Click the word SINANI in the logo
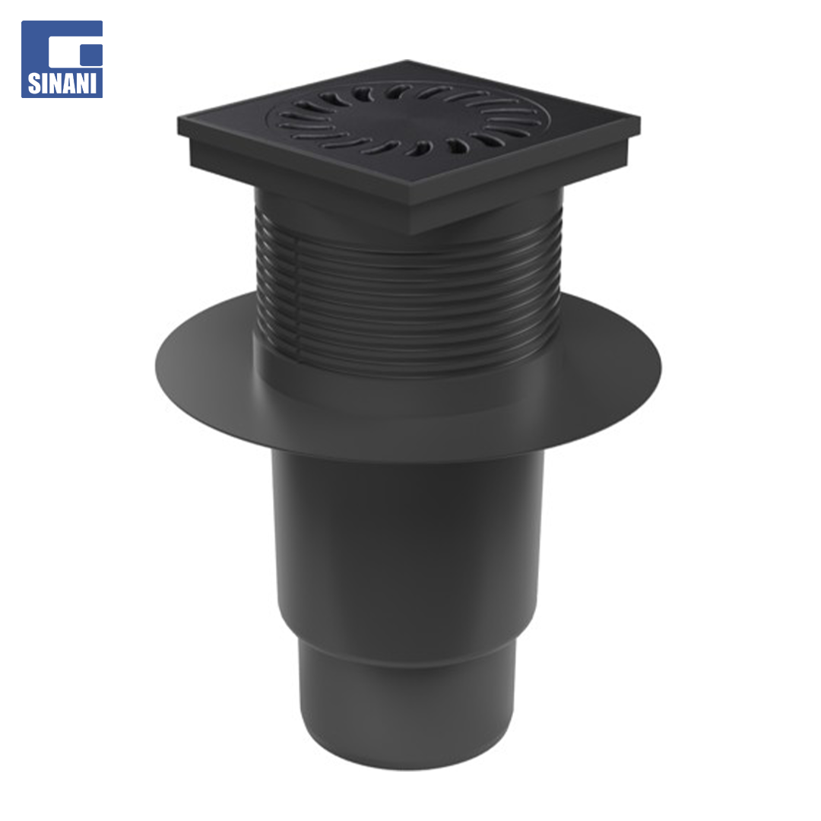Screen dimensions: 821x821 [62, 84]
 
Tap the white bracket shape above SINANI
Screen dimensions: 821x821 [68, 47]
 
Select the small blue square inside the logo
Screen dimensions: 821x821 [92, 55]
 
